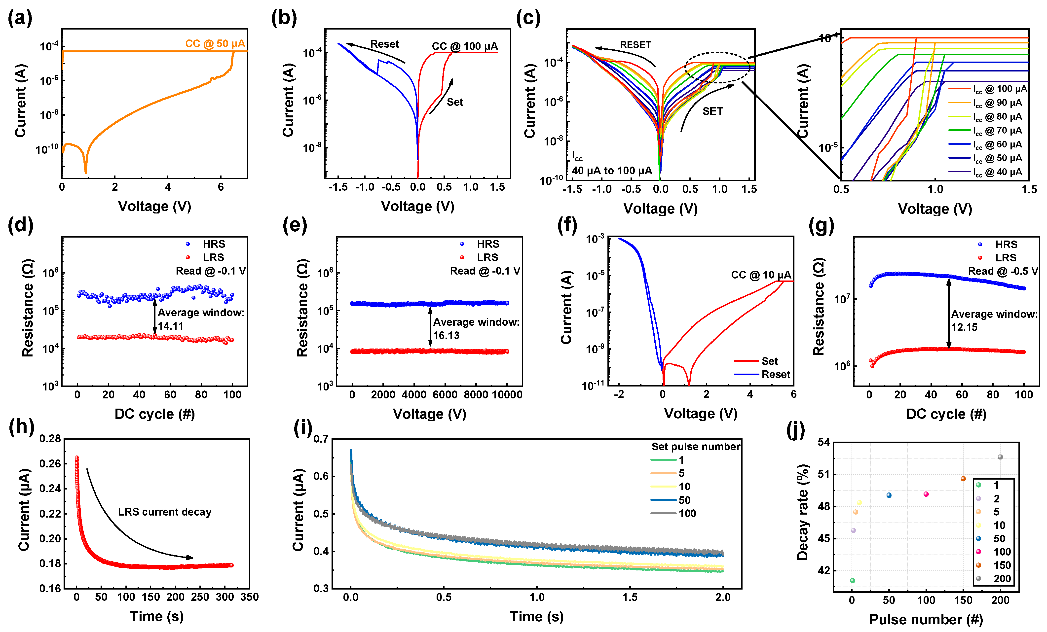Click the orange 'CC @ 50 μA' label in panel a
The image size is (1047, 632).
(x=215, y=44)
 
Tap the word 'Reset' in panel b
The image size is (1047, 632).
(x=384, y=44)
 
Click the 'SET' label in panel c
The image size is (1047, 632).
(x=712, y=111)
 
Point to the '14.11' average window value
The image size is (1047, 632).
(x=171, y=326)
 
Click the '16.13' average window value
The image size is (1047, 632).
(x=446, y=336)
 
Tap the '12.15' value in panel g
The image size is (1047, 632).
(x=964, y=327)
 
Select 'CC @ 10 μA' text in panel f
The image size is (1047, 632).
(x=761, y=275)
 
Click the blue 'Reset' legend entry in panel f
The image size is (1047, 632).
(x=776, y=374)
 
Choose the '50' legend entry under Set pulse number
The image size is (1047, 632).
(x=684, y=500)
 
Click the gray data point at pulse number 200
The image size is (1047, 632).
(x=1000, y=457)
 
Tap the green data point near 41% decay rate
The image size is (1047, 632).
(x=852, y=581)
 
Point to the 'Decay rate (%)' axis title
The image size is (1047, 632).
(x=802, y=512)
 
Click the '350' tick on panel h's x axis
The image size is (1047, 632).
(x=249, y=597)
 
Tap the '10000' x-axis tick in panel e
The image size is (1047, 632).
(x=507, y=395)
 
